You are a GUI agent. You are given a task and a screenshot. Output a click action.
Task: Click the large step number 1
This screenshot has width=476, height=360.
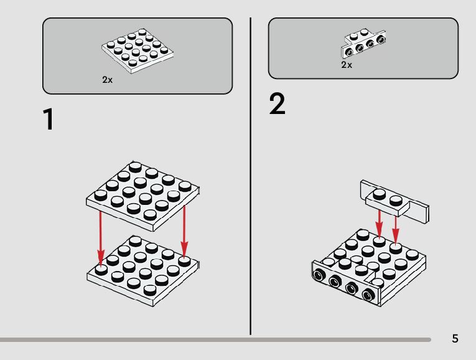pyautogui.click(x=47, y=120)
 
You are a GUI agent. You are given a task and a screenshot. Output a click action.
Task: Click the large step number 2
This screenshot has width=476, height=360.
pyautogui.click(x=278, y=105)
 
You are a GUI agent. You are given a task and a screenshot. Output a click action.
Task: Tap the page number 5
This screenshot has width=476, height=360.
pyautogui.click(x=455, y=339)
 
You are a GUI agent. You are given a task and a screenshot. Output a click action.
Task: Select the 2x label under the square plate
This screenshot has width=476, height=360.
pyautogui.click(x=107, y=80)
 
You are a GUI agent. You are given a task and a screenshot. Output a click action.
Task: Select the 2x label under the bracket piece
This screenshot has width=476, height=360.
pyautogui.click(x=347, y=65)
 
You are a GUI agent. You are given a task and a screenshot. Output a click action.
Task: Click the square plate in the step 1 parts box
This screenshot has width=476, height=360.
pyautogui.click(x=137, y=50)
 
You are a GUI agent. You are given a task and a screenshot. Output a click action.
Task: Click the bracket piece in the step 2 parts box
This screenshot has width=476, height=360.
pyautogui.click(x=363, y=44)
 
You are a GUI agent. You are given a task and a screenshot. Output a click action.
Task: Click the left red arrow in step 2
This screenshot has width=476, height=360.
pyautogui.click(x=380, y=224)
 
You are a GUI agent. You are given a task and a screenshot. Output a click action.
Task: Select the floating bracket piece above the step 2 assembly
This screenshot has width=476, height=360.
pyautogui.click(x=394, y=202)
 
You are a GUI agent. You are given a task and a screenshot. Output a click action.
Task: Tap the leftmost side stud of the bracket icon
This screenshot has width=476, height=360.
pyautogui.click(x=349, y=54)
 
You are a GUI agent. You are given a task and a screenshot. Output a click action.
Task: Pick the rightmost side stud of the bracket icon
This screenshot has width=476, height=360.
pyautogui.click(x=381, y=40)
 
